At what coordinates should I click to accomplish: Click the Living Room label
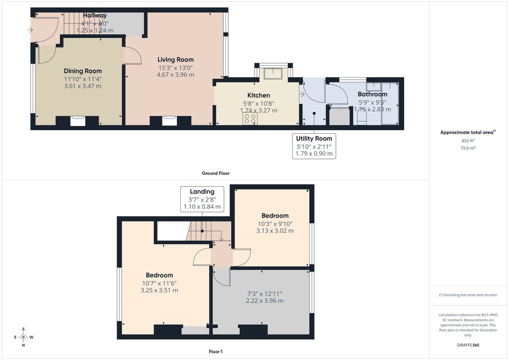[176, 60]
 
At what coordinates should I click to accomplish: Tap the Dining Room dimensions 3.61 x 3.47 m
[83, 86]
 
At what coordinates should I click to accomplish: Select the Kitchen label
[259, 95]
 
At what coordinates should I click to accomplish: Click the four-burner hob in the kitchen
[249, 119]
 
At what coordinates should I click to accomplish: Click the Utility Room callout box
[314, 146]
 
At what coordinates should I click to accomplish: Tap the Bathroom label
[372, 94]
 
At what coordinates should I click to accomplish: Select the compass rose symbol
[23, 337]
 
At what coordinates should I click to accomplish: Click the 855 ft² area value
[468, 140]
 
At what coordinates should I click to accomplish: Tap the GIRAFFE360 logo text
[468, 345]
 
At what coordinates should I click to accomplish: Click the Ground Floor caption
[215, 173]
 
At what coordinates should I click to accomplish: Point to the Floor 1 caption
[215, 352]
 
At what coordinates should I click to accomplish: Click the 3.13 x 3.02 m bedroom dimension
[275, 231]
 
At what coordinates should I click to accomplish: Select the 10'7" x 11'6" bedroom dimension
[159, 283]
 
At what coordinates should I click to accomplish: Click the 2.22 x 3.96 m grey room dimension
[264, 301]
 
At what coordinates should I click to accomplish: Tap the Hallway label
[95, 16]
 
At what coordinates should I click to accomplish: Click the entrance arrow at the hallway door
[30, 30]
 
